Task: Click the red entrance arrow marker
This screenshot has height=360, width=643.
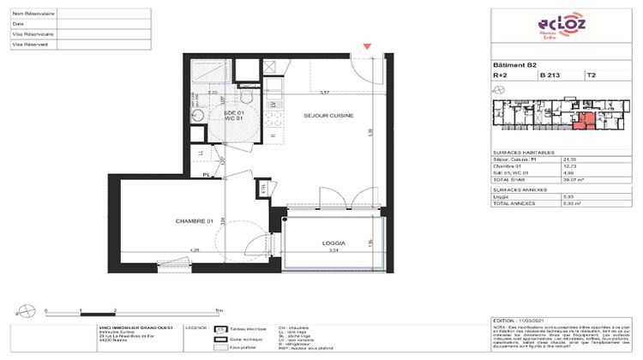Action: (368, 45)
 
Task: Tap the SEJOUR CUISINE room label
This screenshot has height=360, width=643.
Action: (328, 115)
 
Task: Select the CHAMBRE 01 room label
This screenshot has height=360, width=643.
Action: (194, 221)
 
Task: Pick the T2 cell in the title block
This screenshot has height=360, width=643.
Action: (592, 75)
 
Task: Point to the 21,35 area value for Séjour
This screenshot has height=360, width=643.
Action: (566, 159)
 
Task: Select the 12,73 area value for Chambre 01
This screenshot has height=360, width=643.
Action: (566, 165)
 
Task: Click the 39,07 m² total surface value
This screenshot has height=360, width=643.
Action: (568, 180)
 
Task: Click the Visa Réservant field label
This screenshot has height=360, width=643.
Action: (30, 43)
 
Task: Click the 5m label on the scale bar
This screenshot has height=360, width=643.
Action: (220, 309)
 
